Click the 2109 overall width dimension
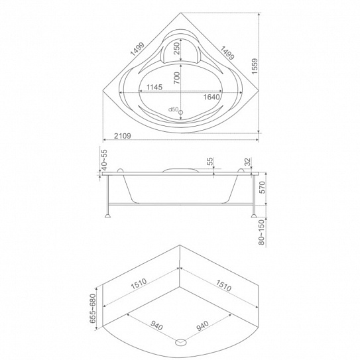[123, 136]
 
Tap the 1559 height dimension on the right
[255, 66]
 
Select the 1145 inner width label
[154, 88]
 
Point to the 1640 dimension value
[211, 97]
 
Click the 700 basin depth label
[176, 78]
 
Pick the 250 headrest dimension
[176, 48]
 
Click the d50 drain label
[173, 109]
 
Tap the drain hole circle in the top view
[181, 112]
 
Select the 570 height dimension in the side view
[262, 188]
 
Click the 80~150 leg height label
[262, 232]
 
